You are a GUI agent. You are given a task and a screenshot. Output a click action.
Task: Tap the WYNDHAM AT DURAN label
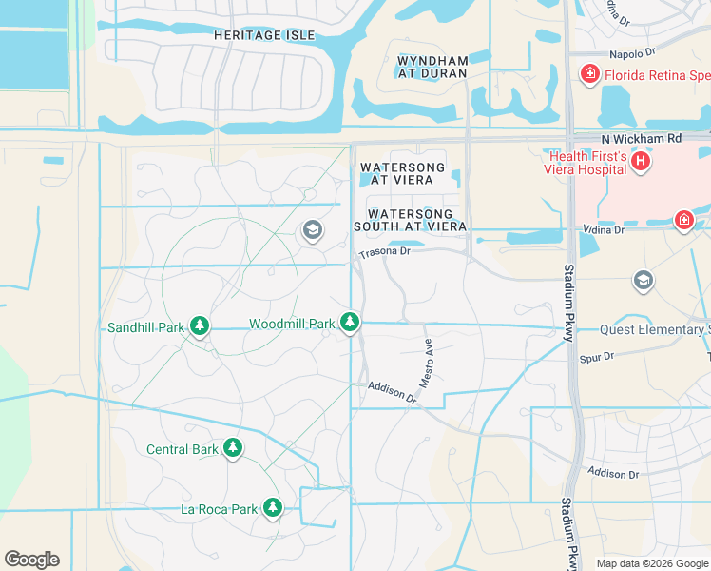pyautogui.click(x=432, y=68)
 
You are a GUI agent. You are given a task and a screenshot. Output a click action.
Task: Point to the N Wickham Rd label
pyautogui.click(x=654, y=138)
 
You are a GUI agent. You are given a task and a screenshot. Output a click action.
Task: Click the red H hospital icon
pyautogui.click(x=642, y=162)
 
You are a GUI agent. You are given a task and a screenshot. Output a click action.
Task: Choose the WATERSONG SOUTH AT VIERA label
pyautogui.click(x=410, y=221)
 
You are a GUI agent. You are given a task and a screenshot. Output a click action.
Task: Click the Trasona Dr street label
pyautogui.click(x=385, y=253)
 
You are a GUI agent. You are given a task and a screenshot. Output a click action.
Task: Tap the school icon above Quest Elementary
pyautogui.click(x=644, y=281)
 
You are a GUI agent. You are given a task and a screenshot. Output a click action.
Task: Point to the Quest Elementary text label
pyautogui.click(x=654, y=330)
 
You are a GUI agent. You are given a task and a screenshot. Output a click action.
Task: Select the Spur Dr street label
pyautogui.click(x=597, y=357)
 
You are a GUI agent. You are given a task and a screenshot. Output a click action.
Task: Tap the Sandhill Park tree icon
pyautogui.click(x=199, y=326)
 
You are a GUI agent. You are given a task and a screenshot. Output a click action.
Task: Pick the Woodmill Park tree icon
pyautogui.click(x=351, y=324)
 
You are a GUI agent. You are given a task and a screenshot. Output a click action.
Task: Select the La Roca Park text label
pyautogui.click(x=219, y=509)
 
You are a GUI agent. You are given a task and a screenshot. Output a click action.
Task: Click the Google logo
pyautogui.click(x=31, y=560)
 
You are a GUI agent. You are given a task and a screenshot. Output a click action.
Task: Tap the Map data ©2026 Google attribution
pyautogui.click(x=651, y=563)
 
